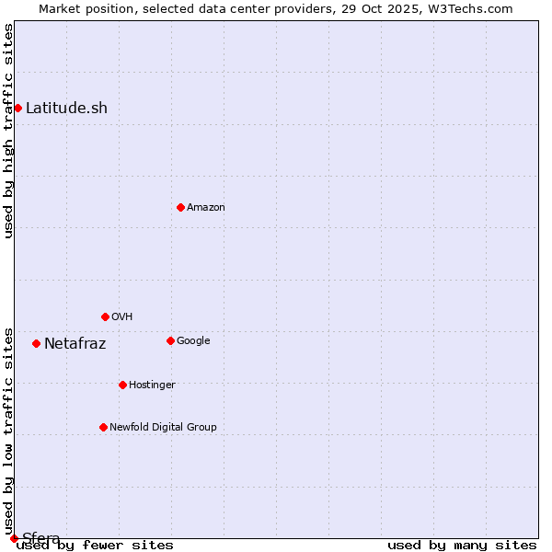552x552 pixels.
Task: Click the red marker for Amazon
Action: (180, 207)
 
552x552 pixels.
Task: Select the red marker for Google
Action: (170, 340)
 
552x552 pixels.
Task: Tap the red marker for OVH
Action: (105, 316)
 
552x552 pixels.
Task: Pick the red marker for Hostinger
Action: (122, 385)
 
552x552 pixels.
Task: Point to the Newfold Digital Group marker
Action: (103, 427)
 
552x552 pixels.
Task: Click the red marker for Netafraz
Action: (36, 343)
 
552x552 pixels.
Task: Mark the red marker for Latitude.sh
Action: (17, 108)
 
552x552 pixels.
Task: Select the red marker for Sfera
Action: (14, 538)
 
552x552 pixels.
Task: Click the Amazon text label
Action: (206, 207)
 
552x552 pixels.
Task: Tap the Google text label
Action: (193, 340)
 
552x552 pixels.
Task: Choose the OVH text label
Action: (122, 316)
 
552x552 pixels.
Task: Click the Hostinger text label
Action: (152, 385)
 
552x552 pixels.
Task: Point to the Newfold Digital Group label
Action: (163, 427)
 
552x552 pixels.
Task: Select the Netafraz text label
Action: (75, 344)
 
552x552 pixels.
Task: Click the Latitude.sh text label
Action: (66, 108)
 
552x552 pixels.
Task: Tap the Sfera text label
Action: (41, 538)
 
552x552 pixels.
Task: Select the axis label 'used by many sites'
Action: (462, 545)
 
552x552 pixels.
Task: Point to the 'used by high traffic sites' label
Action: (9, 131)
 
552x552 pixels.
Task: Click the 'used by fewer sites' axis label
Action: (95, 545)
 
